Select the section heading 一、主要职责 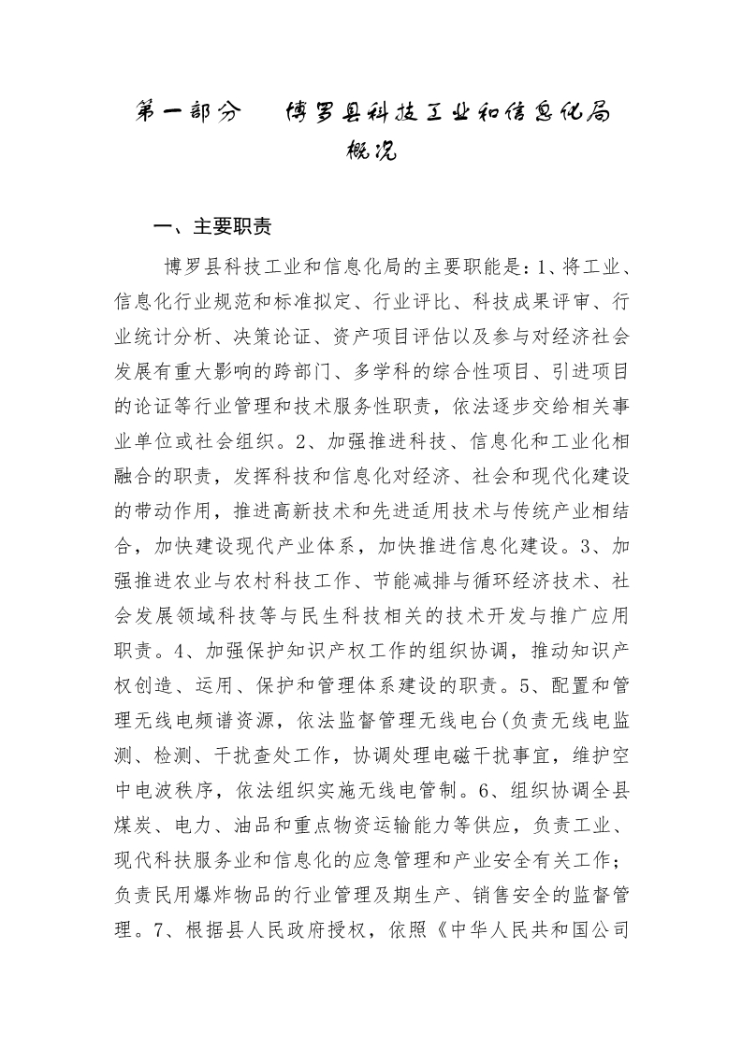tap(213, 228)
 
